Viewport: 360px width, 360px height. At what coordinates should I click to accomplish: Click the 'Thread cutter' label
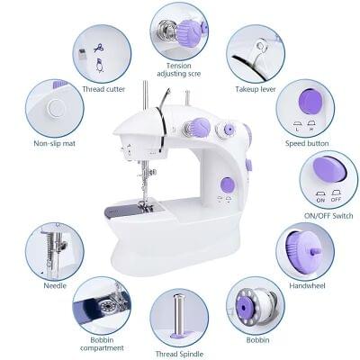click(x=103, y=89)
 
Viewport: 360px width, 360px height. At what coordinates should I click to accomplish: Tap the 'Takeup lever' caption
click(x=256, y=89)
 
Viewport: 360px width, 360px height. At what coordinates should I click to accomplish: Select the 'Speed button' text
click(x=307, y=143)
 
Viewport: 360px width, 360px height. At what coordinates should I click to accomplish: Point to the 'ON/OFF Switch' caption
click(x=328, y=215)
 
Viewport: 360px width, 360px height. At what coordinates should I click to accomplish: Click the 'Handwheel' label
click(x=307, y=285)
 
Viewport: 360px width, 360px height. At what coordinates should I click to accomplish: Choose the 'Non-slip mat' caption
click(x=54, y=143)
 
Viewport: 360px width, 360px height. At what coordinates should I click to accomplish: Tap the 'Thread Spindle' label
click(x=179, y=354)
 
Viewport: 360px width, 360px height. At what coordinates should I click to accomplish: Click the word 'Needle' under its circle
click(x=55, y=285)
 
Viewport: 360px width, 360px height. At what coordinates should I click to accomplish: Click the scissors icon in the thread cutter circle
click(x=99, y=48)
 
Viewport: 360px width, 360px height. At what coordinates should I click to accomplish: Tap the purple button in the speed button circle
click(x=310, y=102)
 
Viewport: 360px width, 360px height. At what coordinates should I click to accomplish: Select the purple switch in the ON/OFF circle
click(x=329, y=170)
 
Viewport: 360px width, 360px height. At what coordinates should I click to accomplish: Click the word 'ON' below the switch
click(x=320, y=200)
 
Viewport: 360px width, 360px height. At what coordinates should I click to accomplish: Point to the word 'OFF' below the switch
click(x=336, y=200)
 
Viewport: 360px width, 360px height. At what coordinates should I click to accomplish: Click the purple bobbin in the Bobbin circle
click(x=244, y=307)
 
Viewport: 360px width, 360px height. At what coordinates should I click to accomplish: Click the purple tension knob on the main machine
click(x=199, y=127)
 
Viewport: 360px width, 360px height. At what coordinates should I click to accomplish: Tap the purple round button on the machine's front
click(x=228, y=185)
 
